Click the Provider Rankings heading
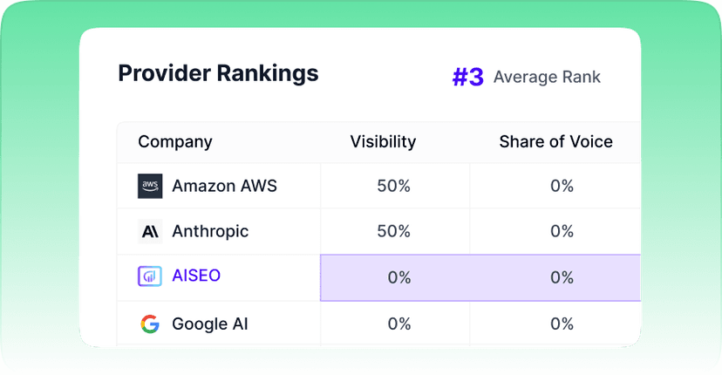coord(218,74)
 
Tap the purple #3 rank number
coord(468,77)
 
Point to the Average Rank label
coord(547,77)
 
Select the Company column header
coord(175,142)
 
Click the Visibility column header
coord(383,141)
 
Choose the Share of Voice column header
coord(555,141)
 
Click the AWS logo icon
coord(150,186)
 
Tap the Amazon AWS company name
coord(224,186)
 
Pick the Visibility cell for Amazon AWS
coord(393,186)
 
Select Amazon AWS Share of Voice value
coord(562,186)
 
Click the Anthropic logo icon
coord(150,231)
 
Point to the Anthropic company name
coord(210,231)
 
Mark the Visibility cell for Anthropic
coord(393,231)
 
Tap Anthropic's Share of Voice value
coord(562,231)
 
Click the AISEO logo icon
coord(150,276)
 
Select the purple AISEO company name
coord(196,276)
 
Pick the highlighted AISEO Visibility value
coord(399,277)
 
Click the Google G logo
coord(150,324)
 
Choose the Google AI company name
coord(210,324)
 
